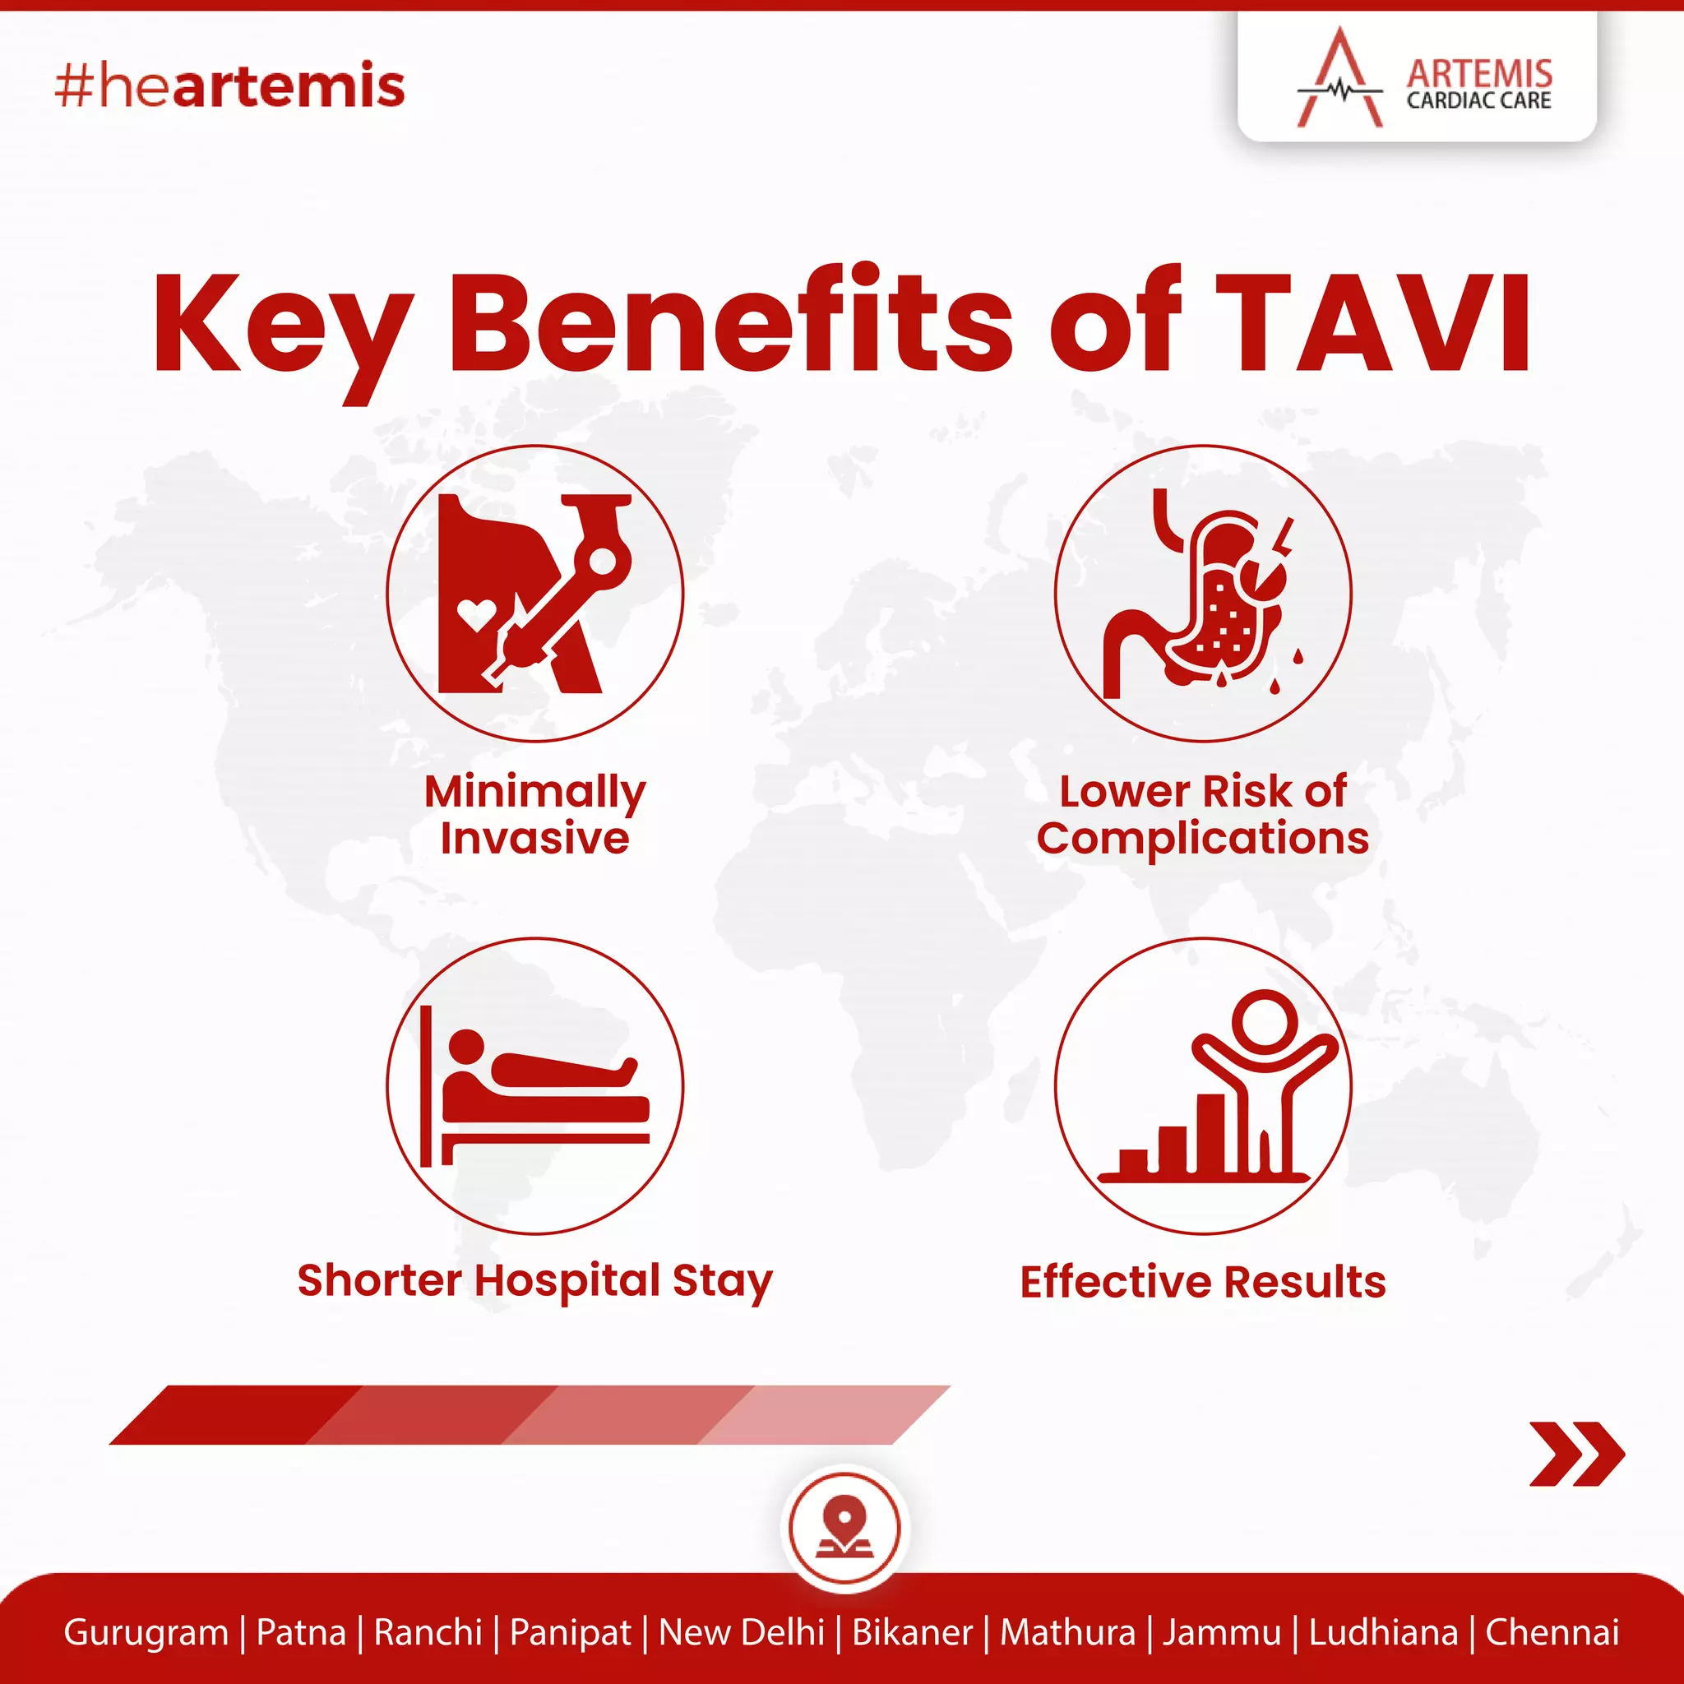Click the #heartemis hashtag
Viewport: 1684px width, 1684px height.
tap(230, 86)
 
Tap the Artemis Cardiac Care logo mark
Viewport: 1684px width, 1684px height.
tap(1339, 78)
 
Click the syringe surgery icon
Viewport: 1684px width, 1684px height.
tap(534, 594)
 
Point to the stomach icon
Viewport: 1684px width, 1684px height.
tap(1203, 594)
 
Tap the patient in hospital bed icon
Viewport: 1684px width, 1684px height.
tap(534, 1085)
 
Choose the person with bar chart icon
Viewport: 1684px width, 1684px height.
tap(1203, 1085)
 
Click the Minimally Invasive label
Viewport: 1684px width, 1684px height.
tap(534, 814)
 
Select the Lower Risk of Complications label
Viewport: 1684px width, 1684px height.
tap(1203, 814)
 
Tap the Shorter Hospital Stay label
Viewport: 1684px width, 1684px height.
tap(534, 1280)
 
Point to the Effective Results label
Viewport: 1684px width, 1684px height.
tap(1203, 1281)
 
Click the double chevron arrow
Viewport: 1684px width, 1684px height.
tap(1577, 1453)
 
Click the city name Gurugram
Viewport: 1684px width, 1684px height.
tap(146, 1632)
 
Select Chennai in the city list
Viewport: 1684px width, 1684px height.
tap(1552, 1632)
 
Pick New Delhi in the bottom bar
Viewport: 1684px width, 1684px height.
tap(741, 1632)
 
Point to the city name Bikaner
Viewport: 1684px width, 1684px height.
tap(912, 1632)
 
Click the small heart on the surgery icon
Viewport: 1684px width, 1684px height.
tap(477, 612)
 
